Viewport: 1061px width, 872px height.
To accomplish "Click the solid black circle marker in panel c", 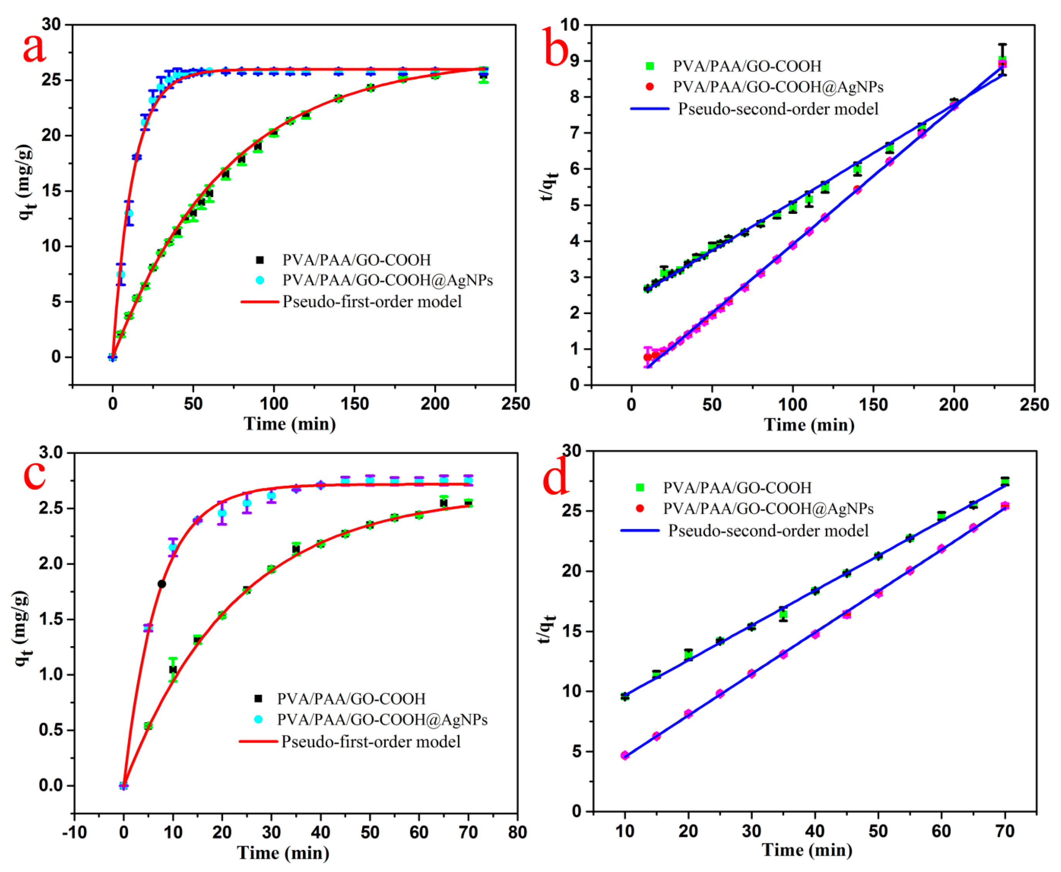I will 162,584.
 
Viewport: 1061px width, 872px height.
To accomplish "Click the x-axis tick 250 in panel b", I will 1034,405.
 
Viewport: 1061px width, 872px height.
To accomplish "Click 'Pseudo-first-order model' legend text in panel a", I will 372,301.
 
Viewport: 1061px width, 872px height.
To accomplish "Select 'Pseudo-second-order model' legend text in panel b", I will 778,108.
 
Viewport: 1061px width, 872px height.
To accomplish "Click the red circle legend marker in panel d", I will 639,508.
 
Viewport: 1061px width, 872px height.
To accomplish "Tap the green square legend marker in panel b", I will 649,66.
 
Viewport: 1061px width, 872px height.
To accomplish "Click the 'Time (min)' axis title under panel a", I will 290,423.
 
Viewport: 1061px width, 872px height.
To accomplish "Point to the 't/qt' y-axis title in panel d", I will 547,629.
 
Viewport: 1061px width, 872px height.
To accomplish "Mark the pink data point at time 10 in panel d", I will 624,755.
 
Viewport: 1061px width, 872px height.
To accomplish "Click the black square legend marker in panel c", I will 258,698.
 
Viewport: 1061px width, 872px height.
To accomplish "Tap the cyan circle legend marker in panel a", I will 260,280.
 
